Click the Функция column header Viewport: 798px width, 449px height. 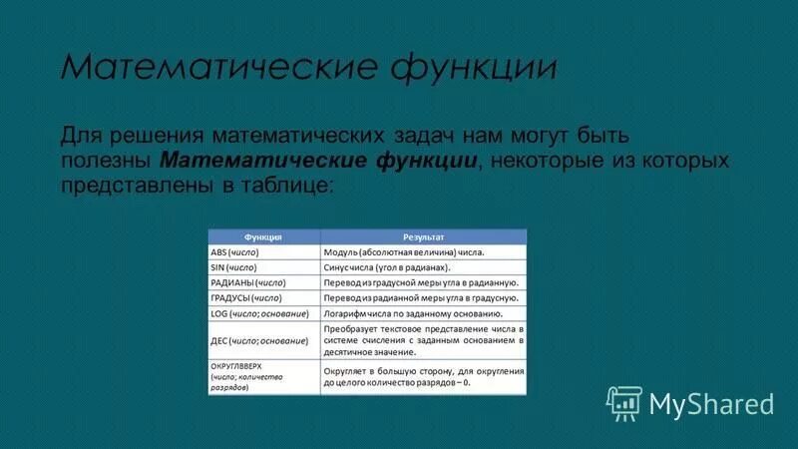click(263, 237)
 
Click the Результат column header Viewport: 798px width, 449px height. click(423, 237)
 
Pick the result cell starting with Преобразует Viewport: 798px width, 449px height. click(423, 340)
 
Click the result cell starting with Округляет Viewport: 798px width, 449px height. click(423, 376)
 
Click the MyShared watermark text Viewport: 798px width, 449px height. click(711, 403)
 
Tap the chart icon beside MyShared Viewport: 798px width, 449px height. click(624, 401)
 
